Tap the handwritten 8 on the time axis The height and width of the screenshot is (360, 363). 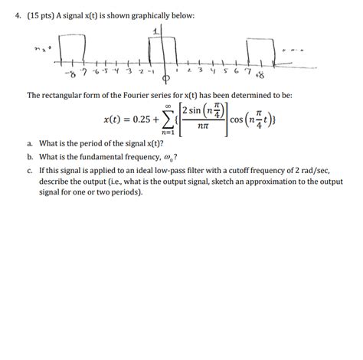[260, 76]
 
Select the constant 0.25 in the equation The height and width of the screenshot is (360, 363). [142, 120]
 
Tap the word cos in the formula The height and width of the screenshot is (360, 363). [235, 120]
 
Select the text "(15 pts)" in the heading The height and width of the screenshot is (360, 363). [44, 15]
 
